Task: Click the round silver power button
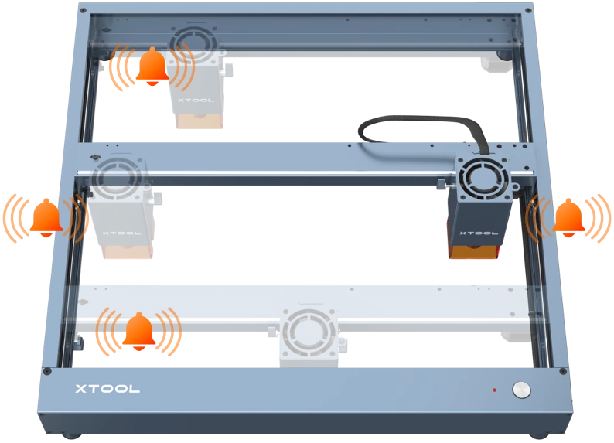[521, 390]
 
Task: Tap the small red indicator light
[495, 390]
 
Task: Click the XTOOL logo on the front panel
[107, 389]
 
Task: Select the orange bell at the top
[152, 66]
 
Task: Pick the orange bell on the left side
[46, 218]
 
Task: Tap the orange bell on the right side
[568, 218]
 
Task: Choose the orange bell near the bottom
[139, 332]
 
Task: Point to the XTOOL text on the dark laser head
[479, 233]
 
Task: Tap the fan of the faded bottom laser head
[309, 332]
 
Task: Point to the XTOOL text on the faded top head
[196, 101]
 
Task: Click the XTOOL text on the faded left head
[121, 233]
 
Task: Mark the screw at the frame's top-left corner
[83, 11]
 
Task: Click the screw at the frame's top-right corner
[528, 11]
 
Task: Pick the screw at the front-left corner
[47, 371]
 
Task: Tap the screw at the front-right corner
[563, 371]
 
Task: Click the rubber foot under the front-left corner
[70, 435]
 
